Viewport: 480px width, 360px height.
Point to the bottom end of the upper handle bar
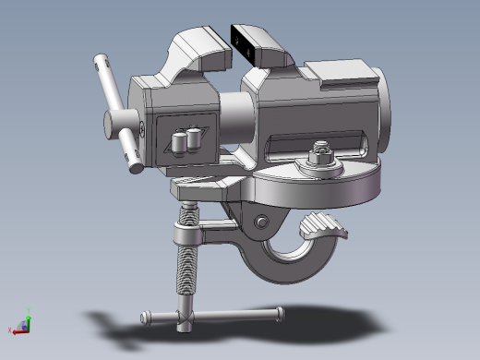(x=137, y=166)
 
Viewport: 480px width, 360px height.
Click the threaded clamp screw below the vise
(x=187, y=254)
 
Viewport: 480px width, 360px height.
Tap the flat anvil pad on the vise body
(x=338, y=72)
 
